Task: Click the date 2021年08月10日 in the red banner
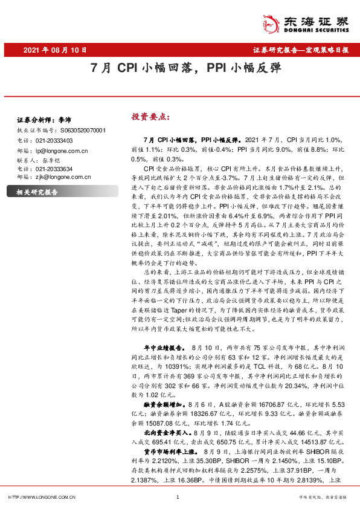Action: point(55,51)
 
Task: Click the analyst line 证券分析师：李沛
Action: point(43,120)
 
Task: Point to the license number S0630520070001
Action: point(83,130)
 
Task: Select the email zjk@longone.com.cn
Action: point(63,178)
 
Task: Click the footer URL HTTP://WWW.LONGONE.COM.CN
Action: point(41,497)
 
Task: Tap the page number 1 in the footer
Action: point(178,497)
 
